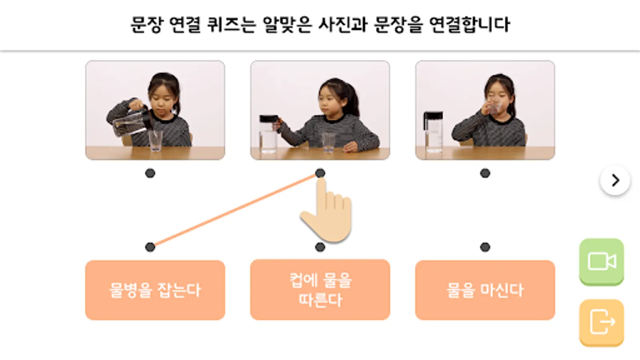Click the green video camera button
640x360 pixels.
[x=602, y=262]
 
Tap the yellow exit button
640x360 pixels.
[x=602, y=322]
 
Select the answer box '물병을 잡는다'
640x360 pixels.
[x=155, y=290]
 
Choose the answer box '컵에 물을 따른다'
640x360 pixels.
[x=320, y=290]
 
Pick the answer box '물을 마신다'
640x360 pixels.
[x=485, y=290]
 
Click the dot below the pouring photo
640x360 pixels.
[x=150, y=173]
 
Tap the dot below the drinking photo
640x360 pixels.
[x=485, y=173]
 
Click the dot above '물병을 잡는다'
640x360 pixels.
[x=150, y=247]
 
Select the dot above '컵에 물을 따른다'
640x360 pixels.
[x=320, y=247]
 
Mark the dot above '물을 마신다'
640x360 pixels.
[x=485, y=247]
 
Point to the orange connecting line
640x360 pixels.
[x=235, y=210]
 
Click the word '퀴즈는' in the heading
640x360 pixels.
[x=231, y=24]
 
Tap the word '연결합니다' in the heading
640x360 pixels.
[x=470, y=24]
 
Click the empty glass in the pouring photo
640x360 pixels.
[x=156, y=140]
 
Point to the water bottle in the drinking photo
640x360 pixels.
[x=433, y=132]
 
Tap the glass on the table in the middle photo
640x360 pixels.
[x=328, y=142]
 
